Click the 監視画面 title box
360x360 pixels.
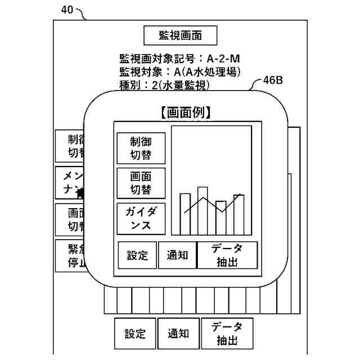click(180, 36)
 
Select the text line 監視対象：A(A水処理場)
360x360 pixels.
click(180, 71)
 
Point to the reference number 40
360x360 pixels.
click(66, 10)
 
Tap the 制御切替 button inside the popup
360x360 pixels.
click(141, 148)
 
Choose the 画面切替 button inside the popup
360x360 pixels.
click(141, 183)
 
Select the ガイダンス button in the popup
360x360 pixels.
click(141, 218)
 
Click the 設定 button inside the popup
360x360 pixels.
click(137, 255)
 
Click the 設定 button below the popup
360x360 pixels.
click(135, 334)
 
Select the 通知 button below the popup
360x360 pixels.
click(178, 334)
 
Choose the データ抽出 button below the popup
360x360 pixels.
click(227, 334)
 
